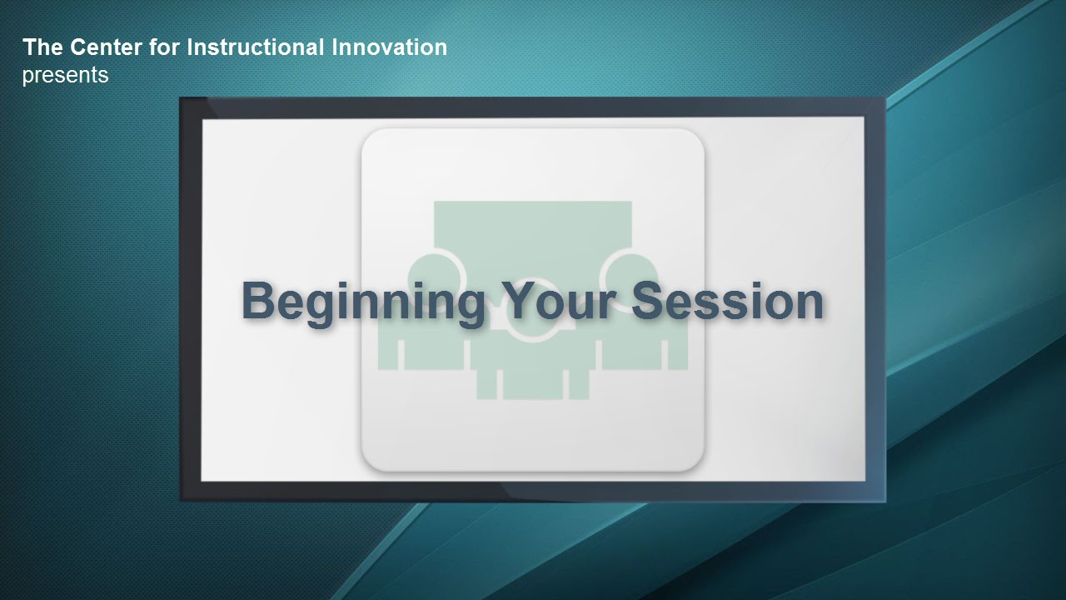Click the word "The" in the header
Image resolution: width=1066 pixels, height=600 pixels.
(x=42, y=47)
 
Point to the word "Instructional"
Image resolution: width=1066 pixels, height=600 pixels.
(x=256, y=47)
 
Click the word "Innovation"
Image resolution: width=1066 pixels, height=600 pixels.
(x=389, y=47)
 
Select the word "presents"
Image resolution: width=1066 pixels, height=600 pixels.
(x=65, y=76)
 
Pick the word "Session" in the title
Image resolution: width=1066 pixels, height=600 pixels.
(x=728, y=301)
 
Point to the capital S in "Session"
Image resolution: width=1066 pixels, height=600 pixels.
(x=649, y=301)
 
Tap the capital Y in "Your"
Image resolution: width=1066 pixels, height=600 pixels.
(x=517, y=300)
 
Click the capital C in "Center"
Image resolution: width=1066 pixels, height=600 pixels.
(x=78, y=47)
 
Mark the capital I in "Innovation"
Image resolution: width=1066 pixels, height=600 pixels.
(x=334, y=47)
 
